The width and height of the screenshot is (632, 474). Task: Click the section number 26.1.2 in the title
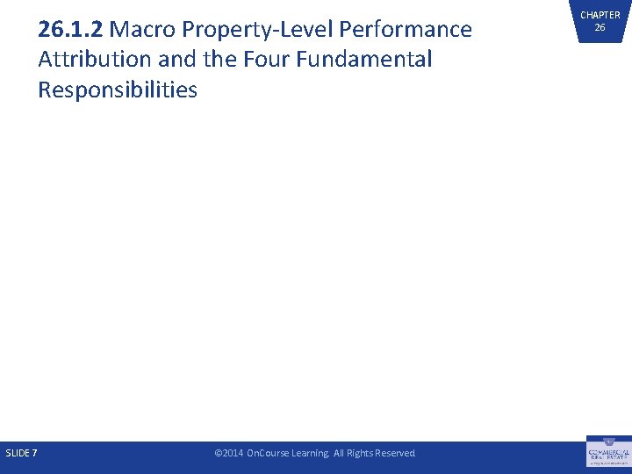tap(71, 30)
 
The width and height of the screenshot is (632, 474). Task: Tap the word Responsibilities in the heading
tap(118, 90)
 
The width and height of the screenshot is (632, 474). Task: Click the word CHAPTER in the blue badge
tap(600, 15)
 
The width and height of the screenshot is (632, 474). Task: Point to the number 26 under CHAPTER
tap(600, 27)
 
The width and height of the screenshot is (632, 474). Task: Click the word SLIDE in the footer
tap(18, 453)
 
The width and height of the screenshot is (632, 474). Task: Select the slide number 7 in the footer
tap(34, 453)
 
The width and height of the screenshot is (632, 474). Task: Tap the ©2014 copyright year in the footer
tap(229, 453)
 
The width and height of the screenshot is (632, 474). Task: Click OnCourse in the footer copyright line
tap(268, 453)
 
